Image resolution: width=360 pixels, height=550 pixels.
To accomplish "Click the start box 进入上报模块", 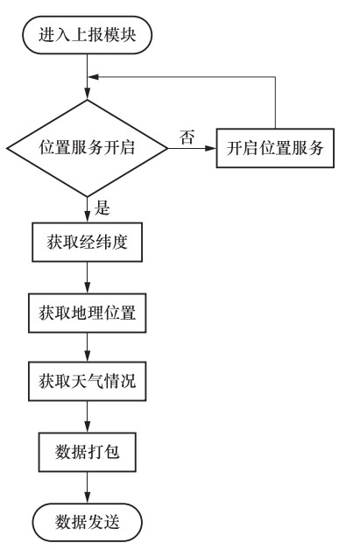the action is [x=87, y=35].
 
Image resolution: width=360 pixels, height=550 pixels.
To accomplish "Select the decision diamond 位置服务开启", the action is [x=87, y=148].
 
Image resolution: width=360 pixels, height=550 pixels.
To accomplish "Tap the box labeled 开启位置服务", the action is [x=275, y=148].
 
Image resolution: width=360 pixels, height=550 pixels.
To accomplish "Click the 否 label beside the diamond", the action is [x=187, y=137].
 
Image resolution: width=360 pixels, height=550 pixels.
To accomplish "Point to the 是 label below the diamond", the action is [x=102, y=208].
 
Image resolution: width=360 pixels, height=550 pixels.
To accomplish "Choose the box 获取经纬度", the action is [x=87, y=242].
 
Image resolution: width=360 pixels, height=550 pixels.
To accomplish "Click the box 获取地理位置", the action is [x=87, y=313].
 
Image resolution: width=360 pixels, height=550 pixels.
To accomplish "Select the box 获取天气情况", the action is [x=87, y=381].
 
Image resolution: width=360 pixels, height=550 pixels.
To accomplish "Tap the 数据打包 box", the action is [x=87, y=452].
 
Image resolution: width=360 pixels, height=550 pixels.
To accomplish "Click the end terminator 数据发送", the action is [x=87, y=523].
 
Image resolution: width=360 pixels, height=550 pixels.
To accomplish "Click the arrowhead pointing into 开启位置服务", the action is [x=210, y=148].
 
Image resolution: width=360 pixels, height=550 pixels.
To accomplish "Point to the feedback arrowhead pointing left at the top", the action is [x=94, y=77].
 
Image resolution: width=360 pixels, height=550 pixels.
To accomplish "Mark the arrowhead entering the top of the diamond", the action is [x=87, y=94].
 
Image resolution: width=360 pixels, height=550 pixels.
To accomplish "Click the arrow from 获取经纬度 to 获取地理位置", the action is [x=87, y=278].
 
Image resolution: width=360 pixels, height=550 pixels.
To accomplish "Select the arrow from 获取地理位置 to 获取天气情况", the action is [x=87, y=348].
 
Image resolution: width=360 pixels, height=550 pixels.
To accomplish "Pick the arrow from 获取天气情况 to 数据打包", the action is [x=87, y=417].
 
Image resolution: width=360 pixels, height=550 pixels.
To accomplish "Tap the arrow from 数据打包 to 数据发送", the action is [x=87, y=488].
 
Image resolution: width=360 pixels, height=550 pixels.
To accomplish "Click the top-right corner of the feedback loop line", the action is [x=275, y=77].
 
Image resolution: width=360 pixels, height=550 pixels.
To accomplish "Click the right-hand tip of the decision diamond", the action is [x=167, y=148].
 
